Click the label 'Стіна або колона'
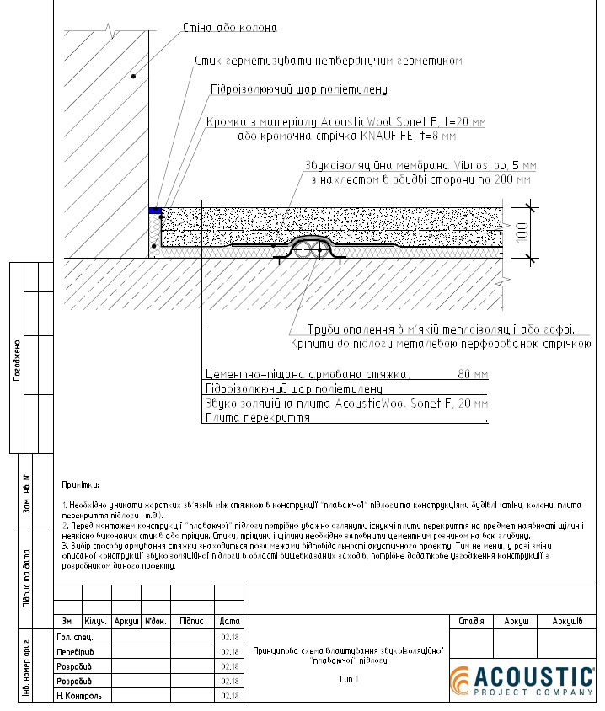[228, 29]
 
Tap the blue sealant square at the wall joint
[155, 210]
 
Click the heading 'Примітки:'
[81, 486]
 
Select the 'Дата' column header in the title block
[229, 621]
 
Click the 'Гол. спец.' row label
[74, 636]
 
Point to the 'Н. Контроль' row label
[78, 696]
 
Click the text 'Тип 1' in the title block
[348, 679]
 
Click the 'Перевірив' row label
[75, 651]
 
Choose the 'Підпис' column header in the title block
[191, 621]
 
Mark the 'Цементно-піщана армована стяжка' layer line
[308, 374]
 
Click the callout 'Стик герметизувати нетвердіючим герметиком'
[328, 61]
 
